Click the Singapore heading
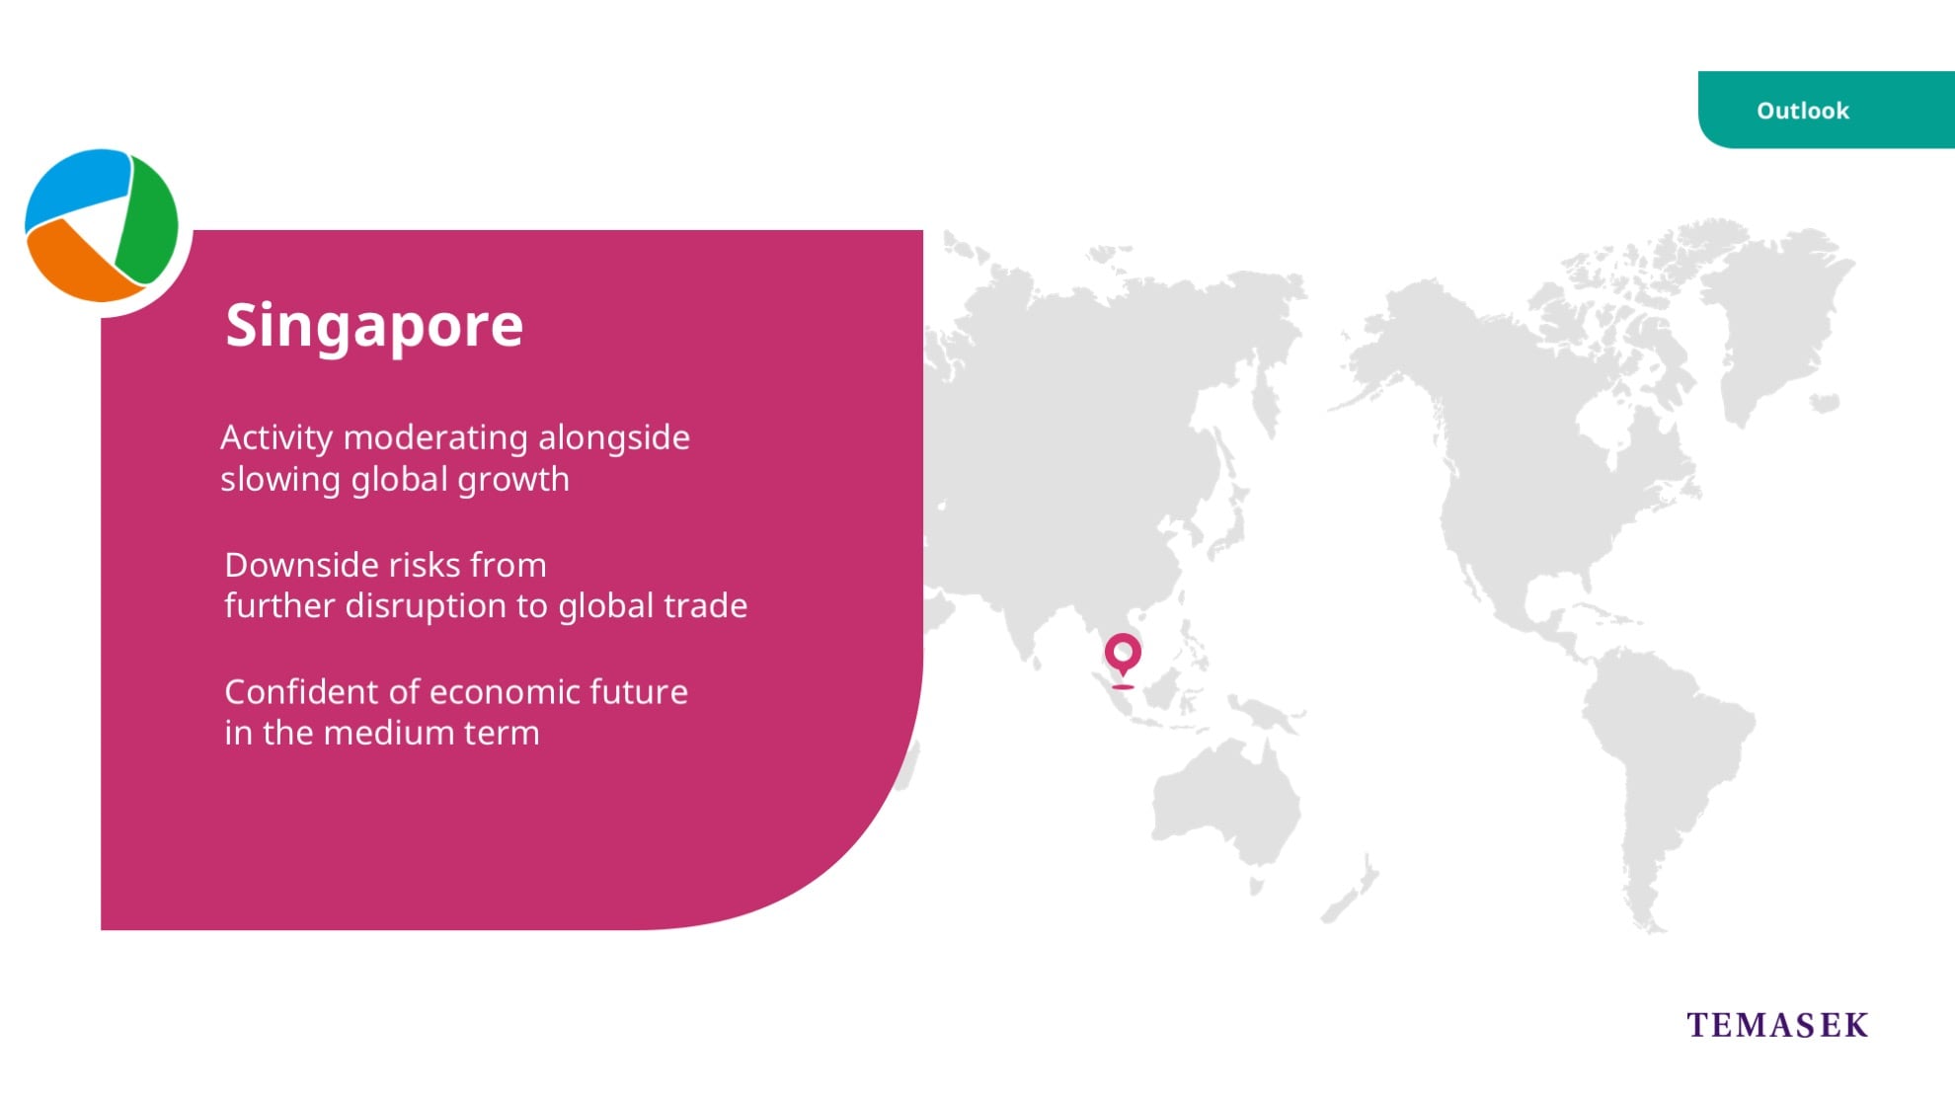pos(374,326)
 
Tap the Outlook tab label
pos(1802,111)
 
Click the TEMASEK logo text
pos(1777,1025)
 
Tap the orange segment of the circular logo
pos(79,265)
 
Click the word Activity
pos(276,438)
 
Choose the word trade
pos(702,605)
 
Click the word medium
pos(376,733)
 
